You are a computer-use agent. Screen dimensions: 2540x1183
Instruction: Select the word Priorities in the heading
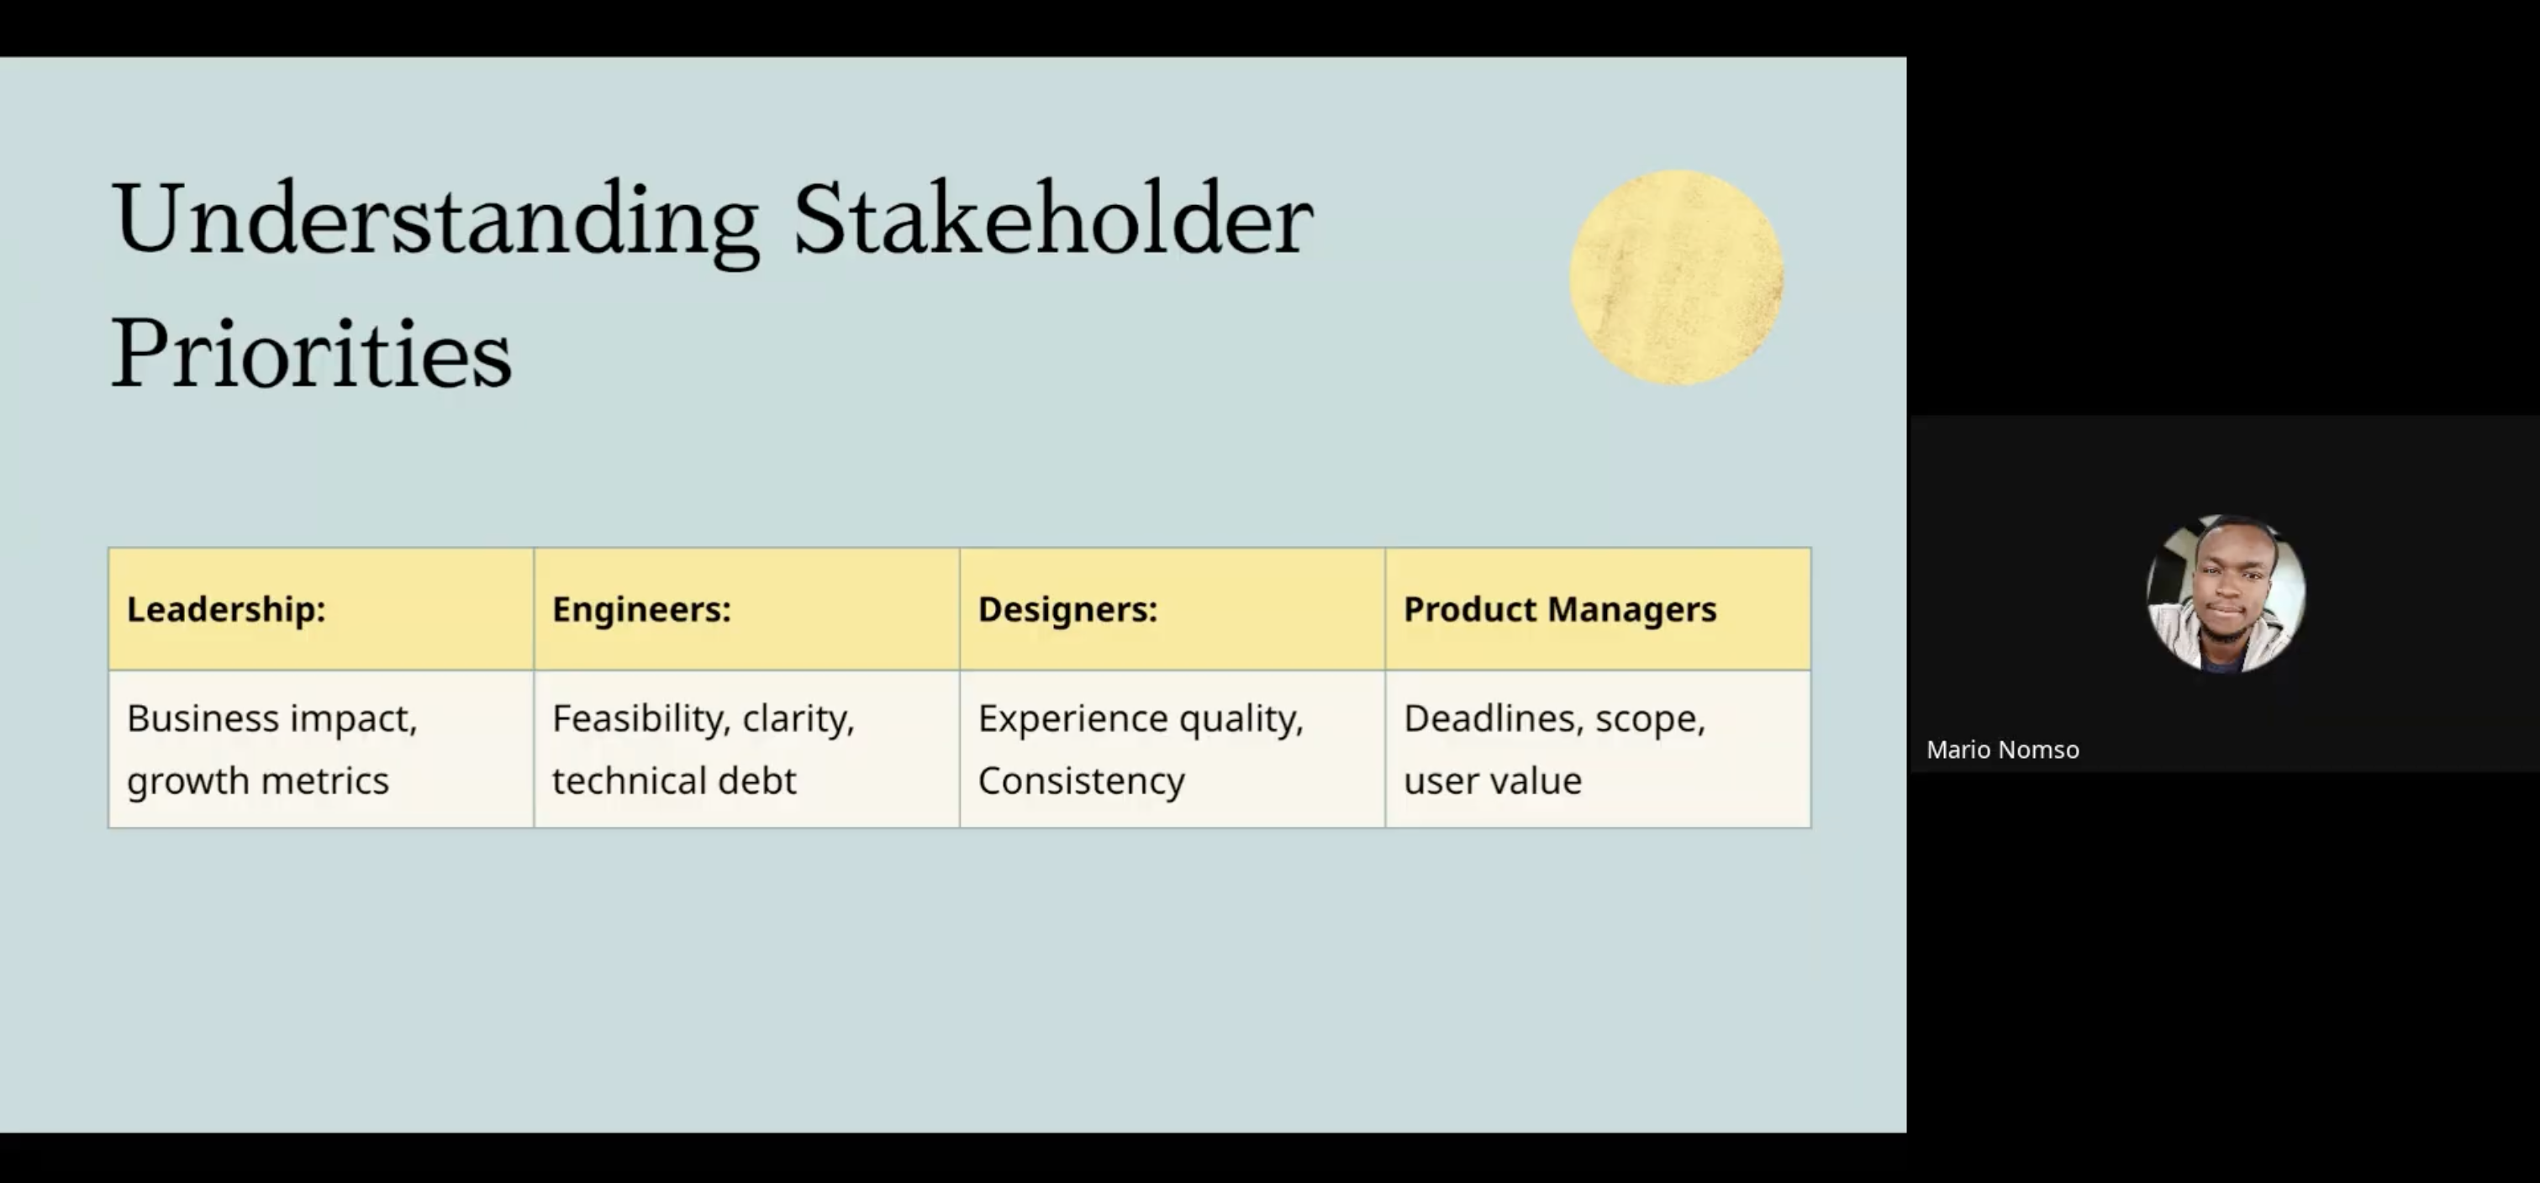pyautogui.click(x=312, y=353)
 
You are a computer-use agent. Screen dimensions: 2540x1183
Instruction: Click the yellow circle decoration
pyautogui.click(x=1676, y=277)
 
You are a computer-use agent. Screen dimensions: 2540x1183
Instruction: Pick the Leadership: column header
pyautogui.click(x=226, y=609)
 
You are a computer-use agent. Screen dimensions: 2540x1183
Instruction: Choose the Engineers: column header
pyautogui.click(x=642, y=609)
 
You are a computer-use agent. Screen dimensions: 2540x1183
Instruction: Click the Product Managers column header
pyautogui.click(x=1560, y=609)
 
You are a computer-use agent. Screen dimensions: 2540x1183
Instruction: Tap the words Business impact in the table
pyautogui.click(x=272, y=718)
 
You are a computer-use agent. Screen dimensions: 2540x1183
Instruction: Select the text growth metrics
pyautogui.click(x=258, y=781)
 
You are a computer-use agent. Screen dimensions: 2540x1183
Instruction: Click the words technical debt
pyautogui.click(x=674, y=781)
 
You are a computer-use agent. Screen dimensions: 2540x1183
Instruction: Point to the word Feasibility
pyautogui.click(x=642, y=718)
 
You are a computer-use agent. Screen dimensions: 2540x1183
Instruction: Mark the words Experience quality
pyautogui.click(x=1141, y=718)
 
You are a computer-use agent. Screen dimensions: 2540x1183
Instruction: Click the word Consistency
pyautogui.click(x=1082, y=781)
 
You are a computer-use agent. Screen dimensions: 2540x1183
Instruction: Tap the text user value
pyautogui.click(x=1493, y=781)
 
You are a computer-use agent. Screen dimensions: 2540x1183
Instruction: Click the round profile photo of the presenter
pyautogui.click(x=2226, y=593)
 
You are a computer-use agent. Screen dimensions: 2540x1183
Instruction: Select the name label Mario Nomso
pyautogui.click(x=2003, y=750)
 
